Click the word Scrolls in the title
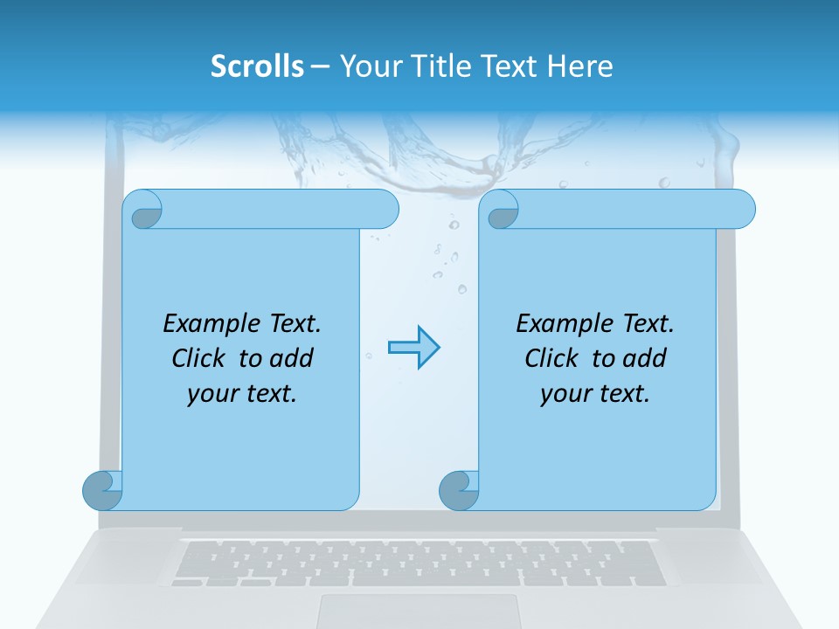click(x=257, y=66)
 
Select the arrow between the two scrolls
click(x=413, y=348)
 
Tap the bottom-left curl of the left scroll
click(x=101, y=490)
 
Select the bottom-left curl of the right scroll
click(x=458, y=490)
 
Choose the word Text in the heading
click(x=509, y=66)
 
